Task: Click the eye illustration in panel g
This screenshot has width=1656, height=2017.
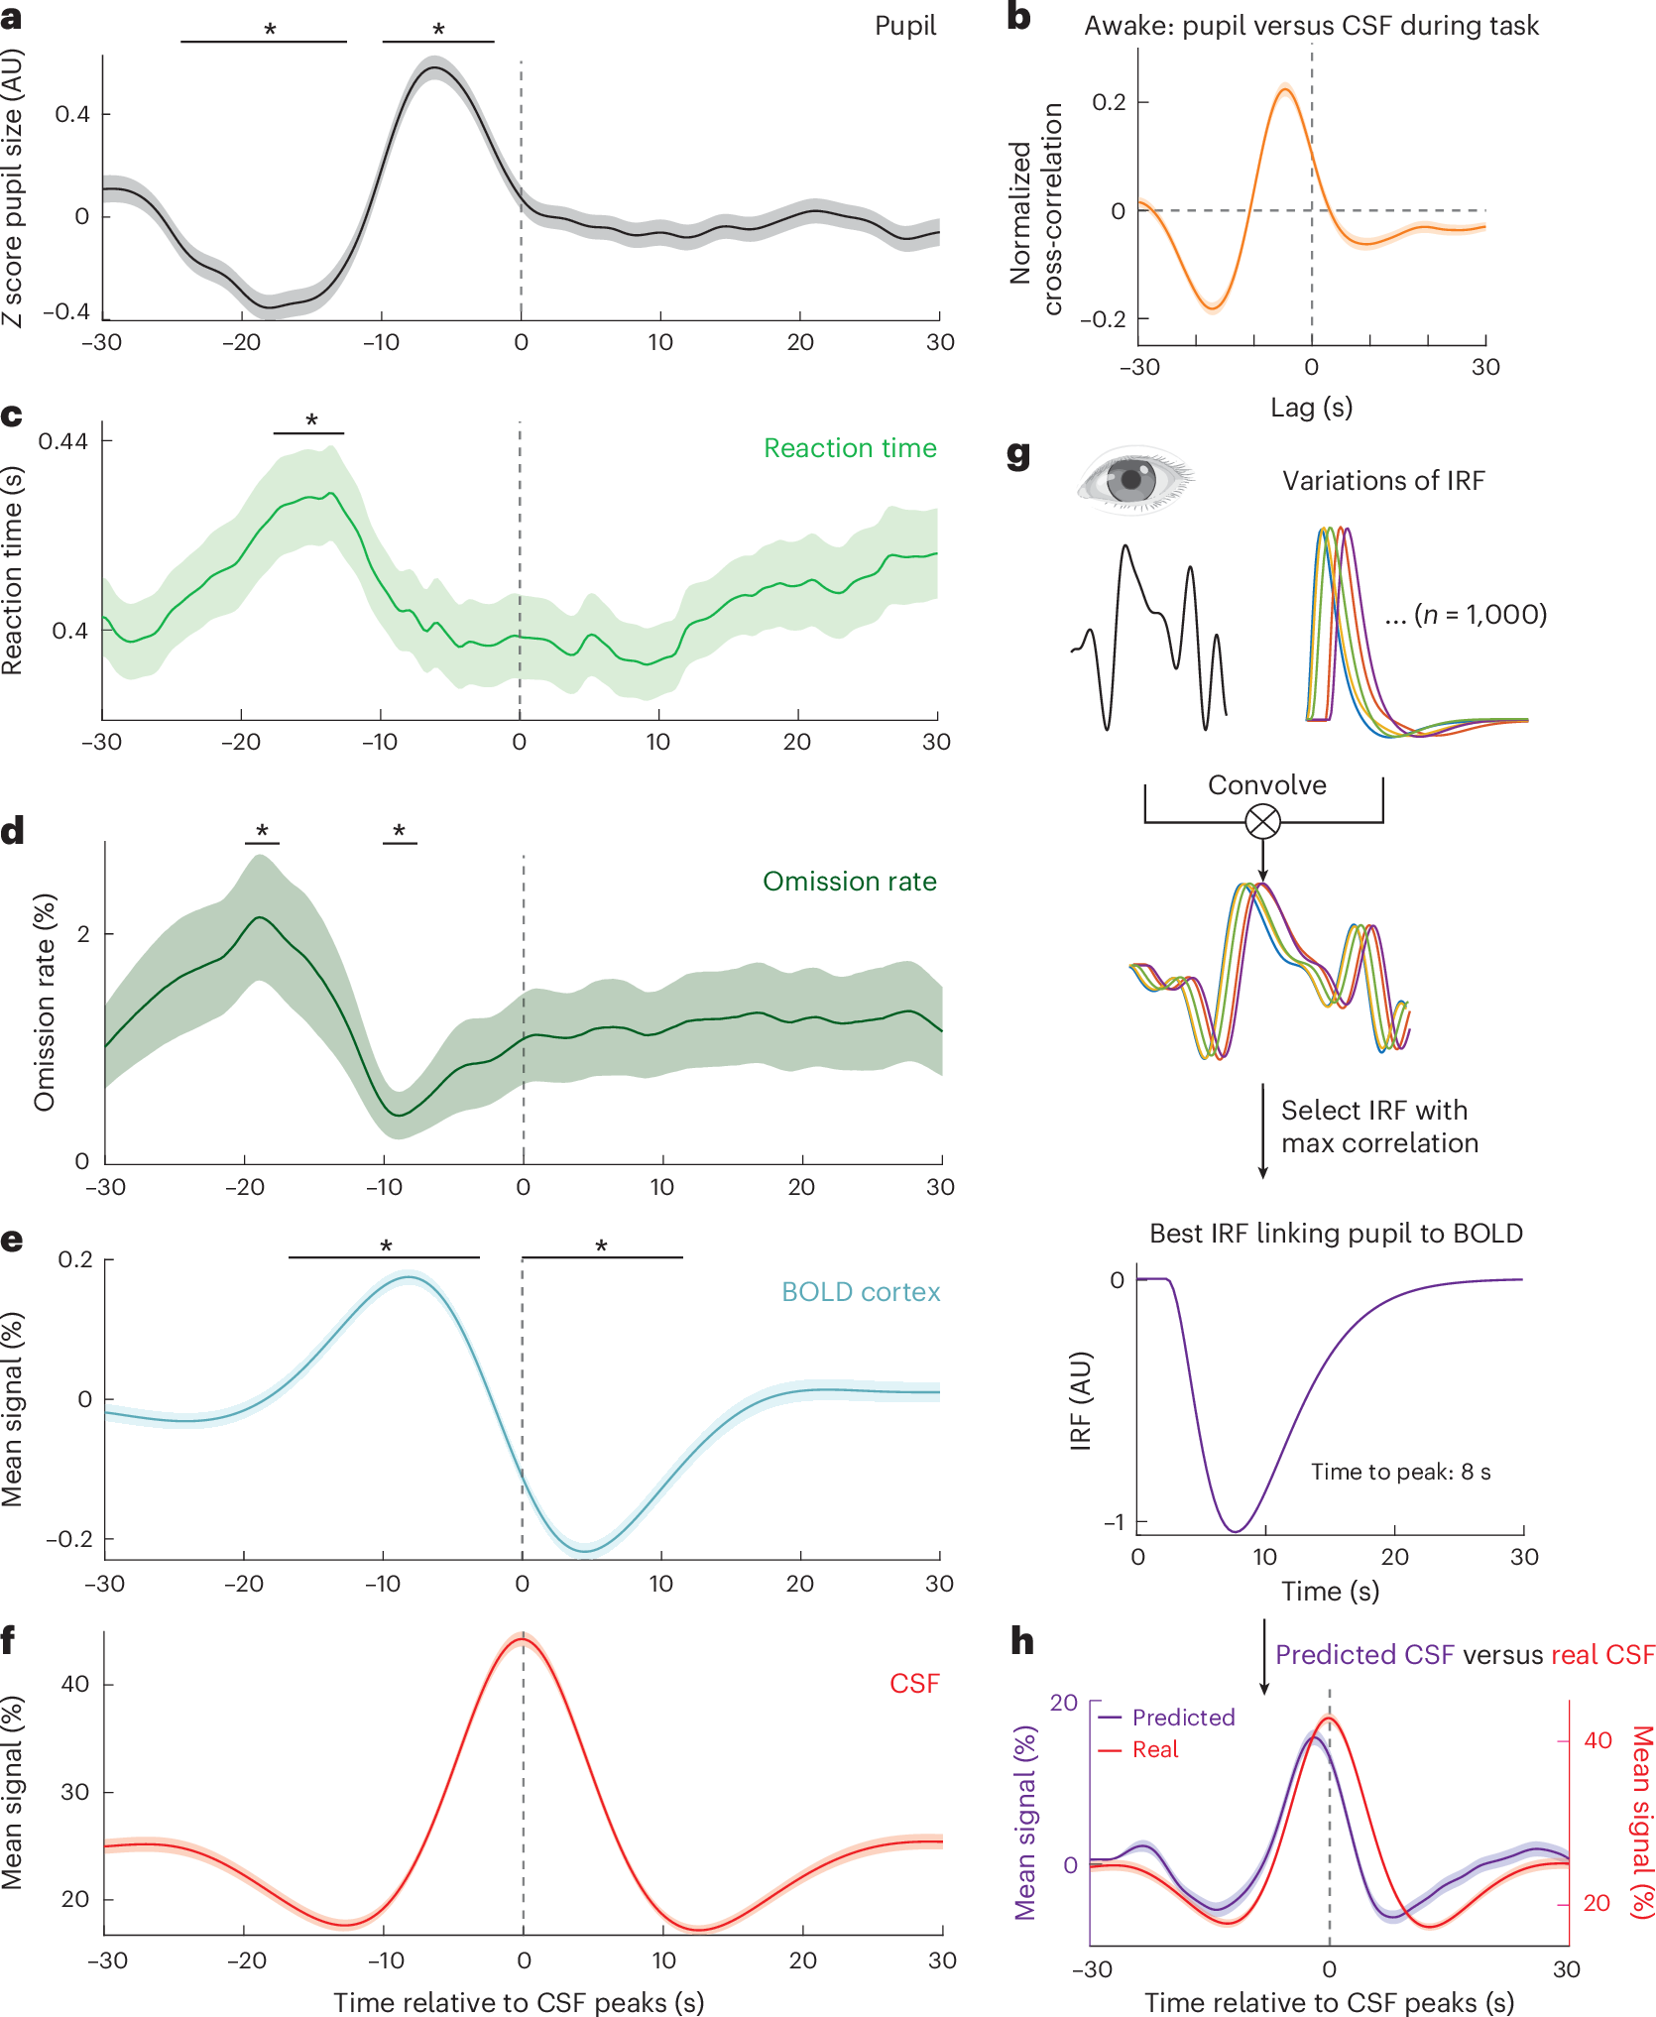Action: pyautogui.click(x=1135, y=481)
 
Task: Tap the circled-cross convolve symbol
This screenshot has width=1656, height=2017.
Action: pyautogui.click(x=1262, y=821)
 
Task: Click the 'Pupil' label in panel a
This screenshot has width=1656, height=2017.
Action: pyautogui.click(x=904, y=26)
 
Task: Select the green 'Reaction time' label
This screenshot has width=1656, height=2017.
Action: pyautogui.click(x=850, y=448)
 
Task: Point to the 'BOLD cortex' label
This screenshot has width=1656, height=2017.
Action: pyautogui.click(x=860, y=1292)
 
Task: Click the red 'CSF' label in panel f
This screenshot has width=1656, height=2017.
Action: pyautogui.click(x=913, y=1684)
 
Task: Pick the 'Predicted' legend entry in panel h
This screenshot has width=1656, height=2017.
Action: pyautogui.click(x=1183, y=1718)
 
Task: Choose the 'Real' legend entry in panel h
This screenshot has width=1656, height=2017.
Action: pyautogui.click(x=1155, y=1749)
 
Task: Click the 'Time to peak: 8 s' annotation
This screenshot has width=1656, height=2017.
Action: pyautogui.click(x=1400, y=1472)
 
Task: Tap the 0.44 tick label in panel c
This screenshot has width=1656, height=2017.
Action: pyautogui.click(x=62, y=440)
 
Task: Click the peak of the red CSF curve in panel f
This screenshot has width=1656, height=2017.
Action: pyautogui.click(x=523, y=1638)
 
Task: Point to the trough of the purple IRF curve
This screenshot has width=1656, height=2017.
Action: pyautogui.click(x=1236, y=1531)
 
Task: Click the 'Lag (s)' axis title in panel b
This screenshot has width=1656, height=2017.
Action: pyautogui.click(x=1311, y=408)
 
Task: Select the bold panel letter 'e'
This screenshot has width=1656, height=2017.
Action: pyautogui.click(x=12, y=1241)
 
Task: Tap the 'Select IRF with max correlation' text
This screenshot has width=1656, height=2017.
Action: pyautogui.click(x=1378, y=1127)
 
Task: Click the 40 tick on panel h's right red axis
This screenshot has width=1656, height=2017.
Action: pyautogui.click(x=1597, y=1740)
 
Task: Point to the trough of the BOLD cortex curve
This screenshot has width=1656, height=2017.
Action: pyautogui.click(x=586, y=1551)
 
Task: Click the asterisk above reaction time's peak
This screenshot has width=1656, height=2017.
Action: pyautogui.click(x=311, y=420)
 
